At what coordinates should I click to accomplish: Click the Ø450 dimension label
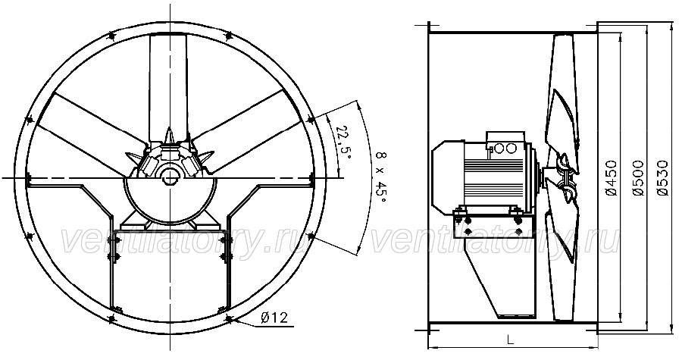point(612,178)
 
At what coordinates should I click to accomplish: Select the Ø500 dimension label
point(639,178)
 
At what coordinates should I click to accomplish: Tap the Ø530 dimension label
point(662,178)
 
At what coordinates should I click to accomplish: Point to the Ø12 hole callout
point(274,318)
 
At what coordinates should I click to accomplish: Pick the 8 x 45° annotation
point(380,177)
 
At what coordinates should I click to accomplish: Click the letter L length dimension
point(511,340)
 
